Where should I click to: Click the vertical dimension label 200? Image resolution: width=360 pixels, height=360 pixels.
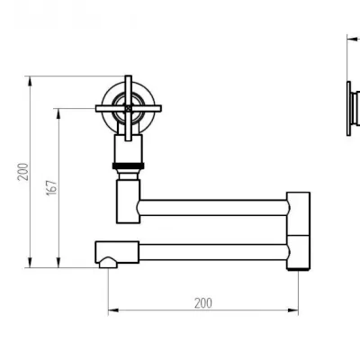point(23,172)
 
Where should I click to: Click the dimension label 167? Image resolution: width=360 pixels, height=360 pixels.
point(52,188)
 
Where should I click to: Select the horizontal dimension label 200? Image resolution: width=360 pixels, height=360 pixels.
point(203,303)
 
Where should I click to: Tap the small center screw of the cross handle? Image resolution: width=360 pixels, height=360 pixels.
point(129,108)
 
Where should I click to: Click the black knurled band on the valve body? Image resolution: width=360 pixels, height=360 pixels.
point(129,166)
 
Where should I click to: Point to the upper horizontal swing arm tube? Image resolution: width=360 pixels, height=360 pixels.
point(213,208)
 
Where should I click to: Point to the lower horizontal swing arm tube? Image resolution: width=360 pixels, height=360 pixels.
point(214,252)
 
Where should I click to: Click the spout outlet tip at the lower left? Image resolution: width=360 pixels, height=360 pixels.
point(108,263)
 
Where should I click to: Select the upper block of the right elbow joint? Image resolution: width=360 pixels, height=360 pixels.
point(298,213)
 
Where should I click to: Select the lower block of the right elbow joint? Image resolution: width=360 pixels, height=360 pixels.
point(298,253)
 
